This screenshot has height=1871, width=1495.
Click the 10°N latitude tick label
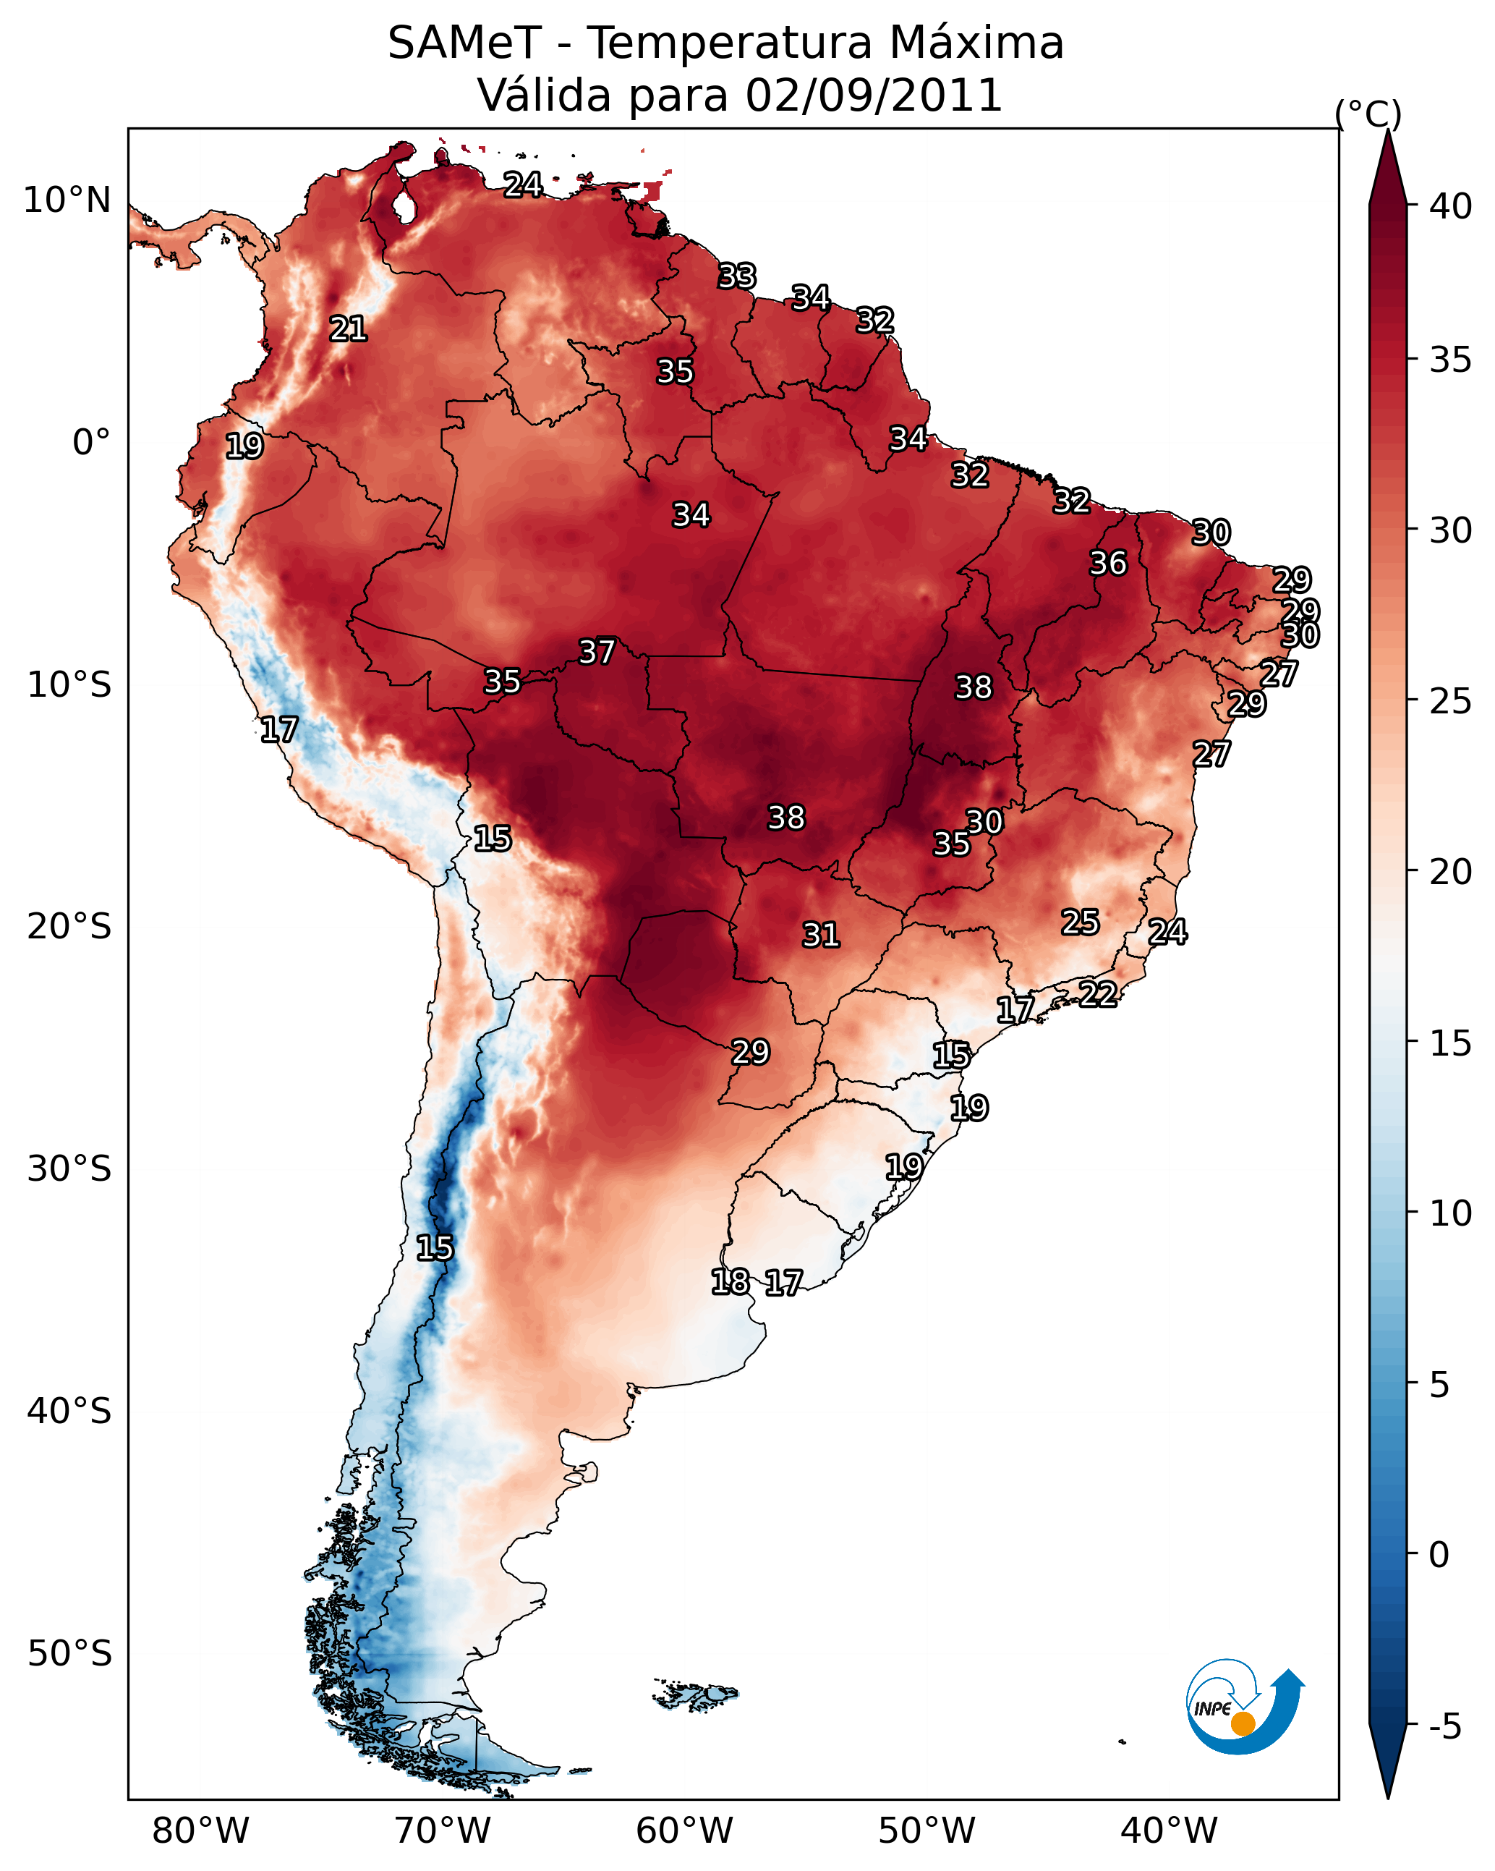click(67, 200)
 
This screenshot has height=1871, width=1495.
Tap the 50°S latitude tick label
click(69, 1654)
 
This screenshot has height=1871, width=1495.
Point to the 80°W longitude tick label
click(200, 1831)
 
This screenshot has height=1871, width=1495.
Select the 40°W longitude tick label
click(1169, 1831)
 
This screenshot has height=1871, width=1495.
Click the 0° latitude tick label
click(92, 443)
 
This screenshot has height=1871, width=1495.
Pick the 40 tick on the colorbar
click(1451, 206)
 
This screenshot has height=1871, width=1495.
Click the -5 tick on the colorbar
click(1444, 1727)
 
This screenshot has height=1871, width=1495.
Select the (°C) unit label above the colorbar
click(1368, 114)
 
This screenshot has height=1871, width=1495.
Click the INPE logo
click(1245, 1706)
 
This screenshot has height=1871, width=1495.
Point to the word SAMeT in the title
click(464, 43)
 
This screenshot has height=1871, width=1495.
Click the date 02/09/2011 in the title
click(874, 96)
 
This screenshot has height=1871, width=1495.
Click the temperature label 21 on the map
click(348, 329)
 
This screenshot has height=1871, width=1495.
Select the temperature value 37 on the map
click(597, 652)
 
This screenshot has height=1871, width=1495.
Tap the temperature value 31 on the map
click(821, 935)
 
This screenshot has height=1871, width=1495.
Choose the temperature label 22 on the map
click(1098, 993)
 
